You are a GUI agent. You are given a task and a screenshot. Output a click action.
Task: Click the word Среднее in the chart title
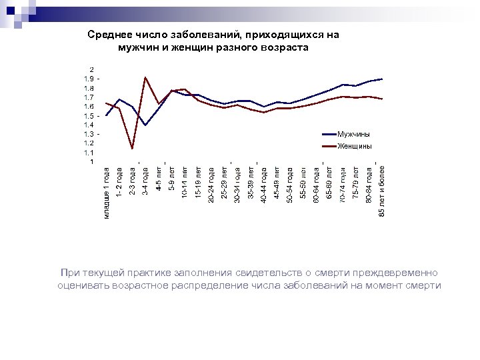click(109, 35)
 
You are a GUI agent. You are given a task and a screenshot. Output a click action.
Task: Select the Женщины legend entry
click(355, 146)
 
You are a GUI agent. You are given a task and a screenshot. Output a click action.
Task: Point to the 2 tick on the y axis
click(92, 69)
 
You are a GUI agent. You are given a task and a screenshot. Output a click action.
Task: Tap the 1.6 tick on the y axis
click(89, 106)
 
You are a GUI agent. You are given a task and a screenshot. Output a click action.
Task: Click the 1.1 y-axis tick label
click(89, 152)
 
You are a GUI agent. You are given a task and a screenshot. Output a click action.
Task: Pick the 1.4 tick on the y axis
click(89, 125)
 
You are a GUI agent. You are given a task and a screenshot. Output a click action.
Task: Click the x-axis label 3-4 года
click(145, 181)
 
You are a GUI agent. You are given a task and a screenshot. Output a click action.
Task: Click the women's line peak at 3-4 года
click(145, 78)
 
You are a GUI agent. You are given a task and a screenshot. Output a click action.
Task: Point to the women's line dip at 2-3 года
click(133, 148)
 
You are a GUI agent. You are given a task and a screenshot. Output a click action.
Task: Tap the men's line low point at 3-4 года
click(145, 125)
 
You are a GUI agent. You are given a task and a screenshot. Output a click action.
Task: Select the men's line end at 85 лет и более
click(381, 79)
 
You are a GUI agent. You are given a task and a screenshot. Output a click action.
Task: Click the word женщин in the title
click(198, 47)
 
